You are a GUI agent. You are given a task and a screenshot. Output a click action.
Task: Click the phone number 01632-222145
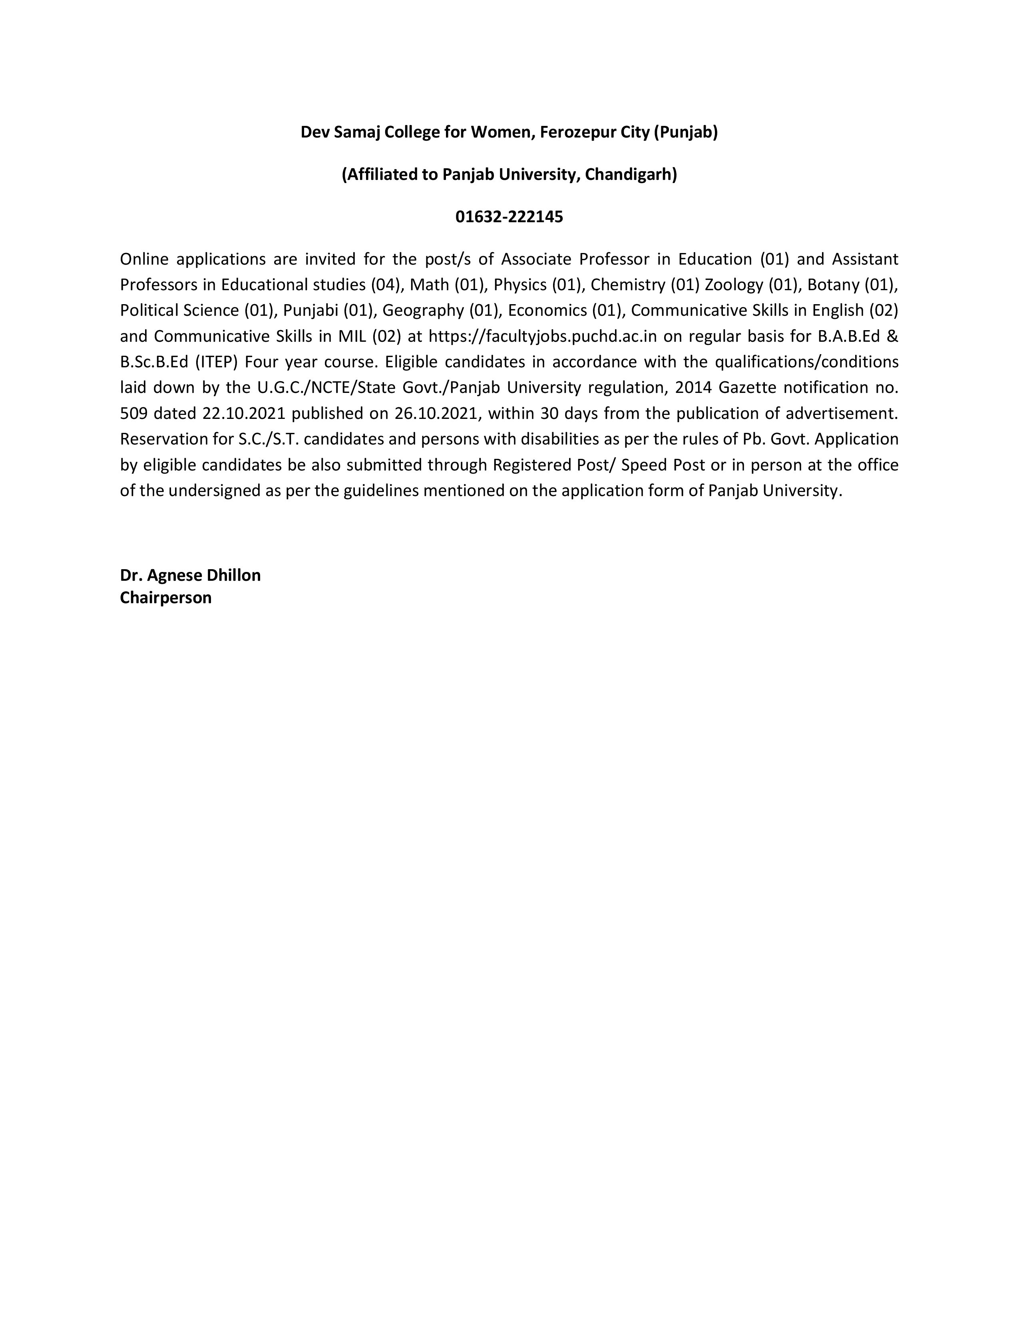point(509,217)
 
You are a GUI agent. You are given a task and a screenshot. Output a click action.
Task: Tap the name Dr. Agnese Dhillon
point(190,575)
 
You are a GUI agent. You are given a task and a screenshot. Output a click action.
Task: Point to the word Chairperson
point(165,598)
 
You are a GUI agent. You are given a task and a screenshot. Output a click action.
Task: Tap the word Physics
point(520,285)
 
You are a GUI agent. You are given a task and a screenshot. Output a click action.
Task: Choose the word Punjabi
point(310,311)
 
